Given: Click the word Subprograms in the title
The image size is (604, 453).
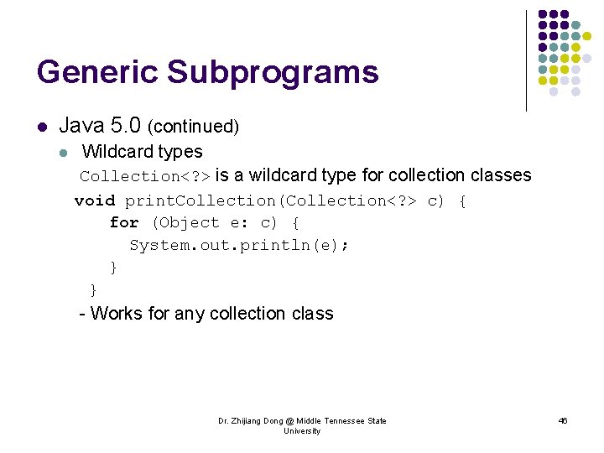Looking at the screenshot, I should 273,72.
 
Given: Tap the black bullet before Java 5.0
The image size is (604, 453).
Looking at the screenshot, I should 41,128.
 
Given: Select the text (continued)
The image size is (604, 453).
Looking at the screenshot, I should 193,128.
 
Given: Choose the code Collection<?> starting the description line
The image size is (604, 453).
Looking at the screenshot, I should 146,176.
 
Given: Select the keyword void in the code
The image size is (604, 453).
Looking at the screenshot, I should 95,200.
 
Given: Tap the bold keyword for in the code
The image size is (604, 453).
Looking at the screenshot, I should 124,223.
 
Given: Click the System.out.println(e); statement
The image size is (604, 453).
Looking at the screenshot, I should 239,245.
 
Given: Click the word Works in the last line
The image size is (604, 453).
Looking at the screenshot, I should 116,314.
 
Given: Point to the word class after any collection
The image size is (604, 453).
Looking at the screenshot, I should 312,314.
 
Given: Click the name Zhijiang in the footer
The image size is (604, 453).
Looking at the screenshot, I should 251,421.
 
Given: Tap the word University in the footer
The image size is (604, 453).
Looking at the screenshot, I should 302,431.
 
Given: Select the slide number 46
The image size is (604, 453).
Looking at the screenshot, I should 562,421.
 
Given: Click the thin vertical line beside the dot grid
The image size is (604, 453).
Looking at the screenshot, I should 526,60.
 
